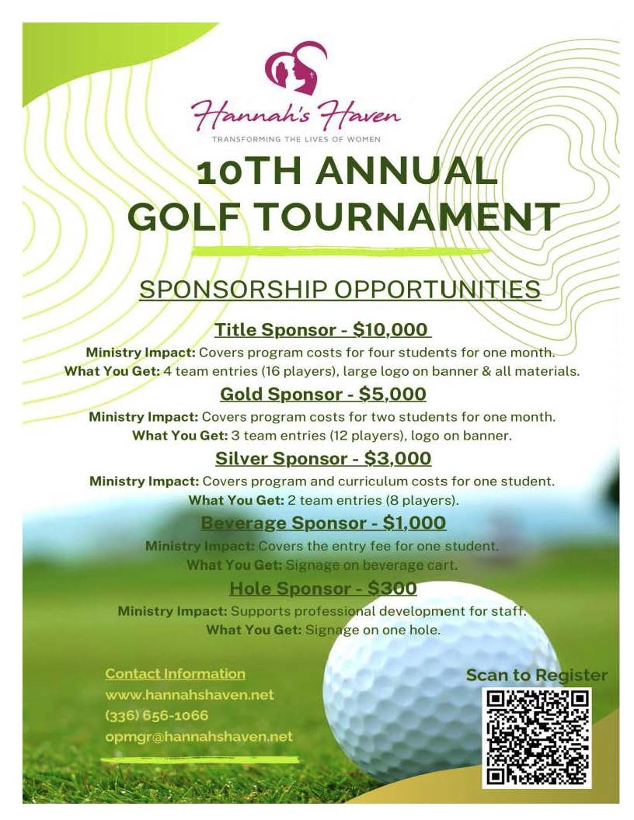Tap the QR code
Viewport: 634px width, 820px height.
(537, 737)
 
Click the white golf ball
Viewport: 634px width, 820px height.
(435, 683)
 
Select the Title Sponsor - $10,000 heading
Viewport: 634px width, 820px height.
(322, 329)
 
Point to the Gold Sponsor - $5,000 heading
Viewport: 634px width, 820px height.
(322, 394)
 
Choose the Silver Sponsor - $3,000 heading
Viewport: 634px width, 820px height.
(322, 458)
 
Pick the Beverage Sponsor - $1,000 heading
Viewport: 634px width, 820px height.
(322, 523)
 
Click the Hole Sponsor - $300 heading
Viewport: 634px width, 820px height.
(322, 588)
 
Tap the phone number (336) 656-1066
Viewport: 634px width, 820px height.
(156, 715)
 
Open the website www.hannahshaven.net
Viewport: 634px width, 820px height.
(190, 694)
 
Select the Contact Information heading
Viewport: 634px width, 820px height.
(175, 673)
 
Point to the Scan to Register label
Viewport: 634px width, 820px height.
(536, 675)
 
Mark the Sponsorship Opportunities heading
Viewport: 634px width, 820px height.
(340, 289)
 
